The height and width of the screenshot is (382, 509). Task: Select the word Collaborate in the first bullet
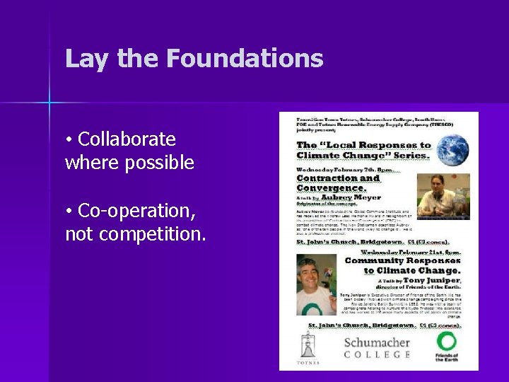coord(127,139)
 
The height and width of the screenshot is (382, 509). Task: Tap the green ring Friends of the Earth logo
coord(446,343)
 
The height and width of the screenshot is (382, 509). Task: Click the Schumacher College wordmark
coord(377,347)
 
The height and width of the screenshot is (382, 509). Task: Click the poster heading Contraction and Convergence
coord(339,183)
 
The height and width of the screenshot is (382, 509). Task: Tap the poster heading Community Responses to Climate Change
coord(402,265)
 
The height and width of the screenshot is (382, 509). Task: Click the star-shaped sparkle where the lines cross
coord(49,103)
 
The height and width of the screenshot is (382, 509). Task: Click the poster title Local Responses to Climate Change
coord(363,150)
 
